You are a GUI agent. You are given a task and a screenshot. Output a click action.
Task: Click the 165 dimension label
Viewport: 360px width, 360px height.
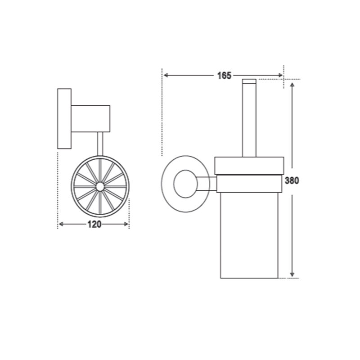pyautogui.click(x=224, y=76)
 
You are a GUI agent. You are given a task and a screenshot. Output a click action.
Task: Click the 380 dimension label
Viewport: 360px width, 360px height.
pyautogui.click(x=292, y=181)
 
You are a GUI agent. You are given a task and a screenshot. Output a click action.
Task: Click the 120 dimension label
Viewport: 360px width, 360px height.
pyautogui.click(x=94, y=224)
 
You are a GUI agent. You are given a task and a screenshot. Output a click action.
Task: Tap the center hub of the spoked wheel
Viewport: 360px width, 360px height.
pyautogui.click(x=100, y=186)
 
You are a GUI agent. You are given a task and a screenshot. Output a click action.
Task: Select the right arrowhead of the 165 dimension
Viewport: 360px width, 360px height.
pyautogui.click(x=280, y=75)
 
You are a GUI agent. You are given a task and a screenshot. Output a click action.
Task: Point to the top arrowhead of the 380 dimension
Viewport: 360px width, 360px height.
pyautogui.click(x=292, y=85)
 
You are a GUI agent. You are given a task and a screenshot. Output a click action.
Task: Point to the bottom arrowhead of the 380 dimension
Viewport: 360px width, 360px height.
pyautogui.click(x=292, y=274)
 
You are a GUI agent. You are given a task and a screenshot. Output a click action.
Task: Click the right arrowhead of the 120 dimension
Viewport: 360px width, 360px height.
pyautogui.click(x=126, y=224)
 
